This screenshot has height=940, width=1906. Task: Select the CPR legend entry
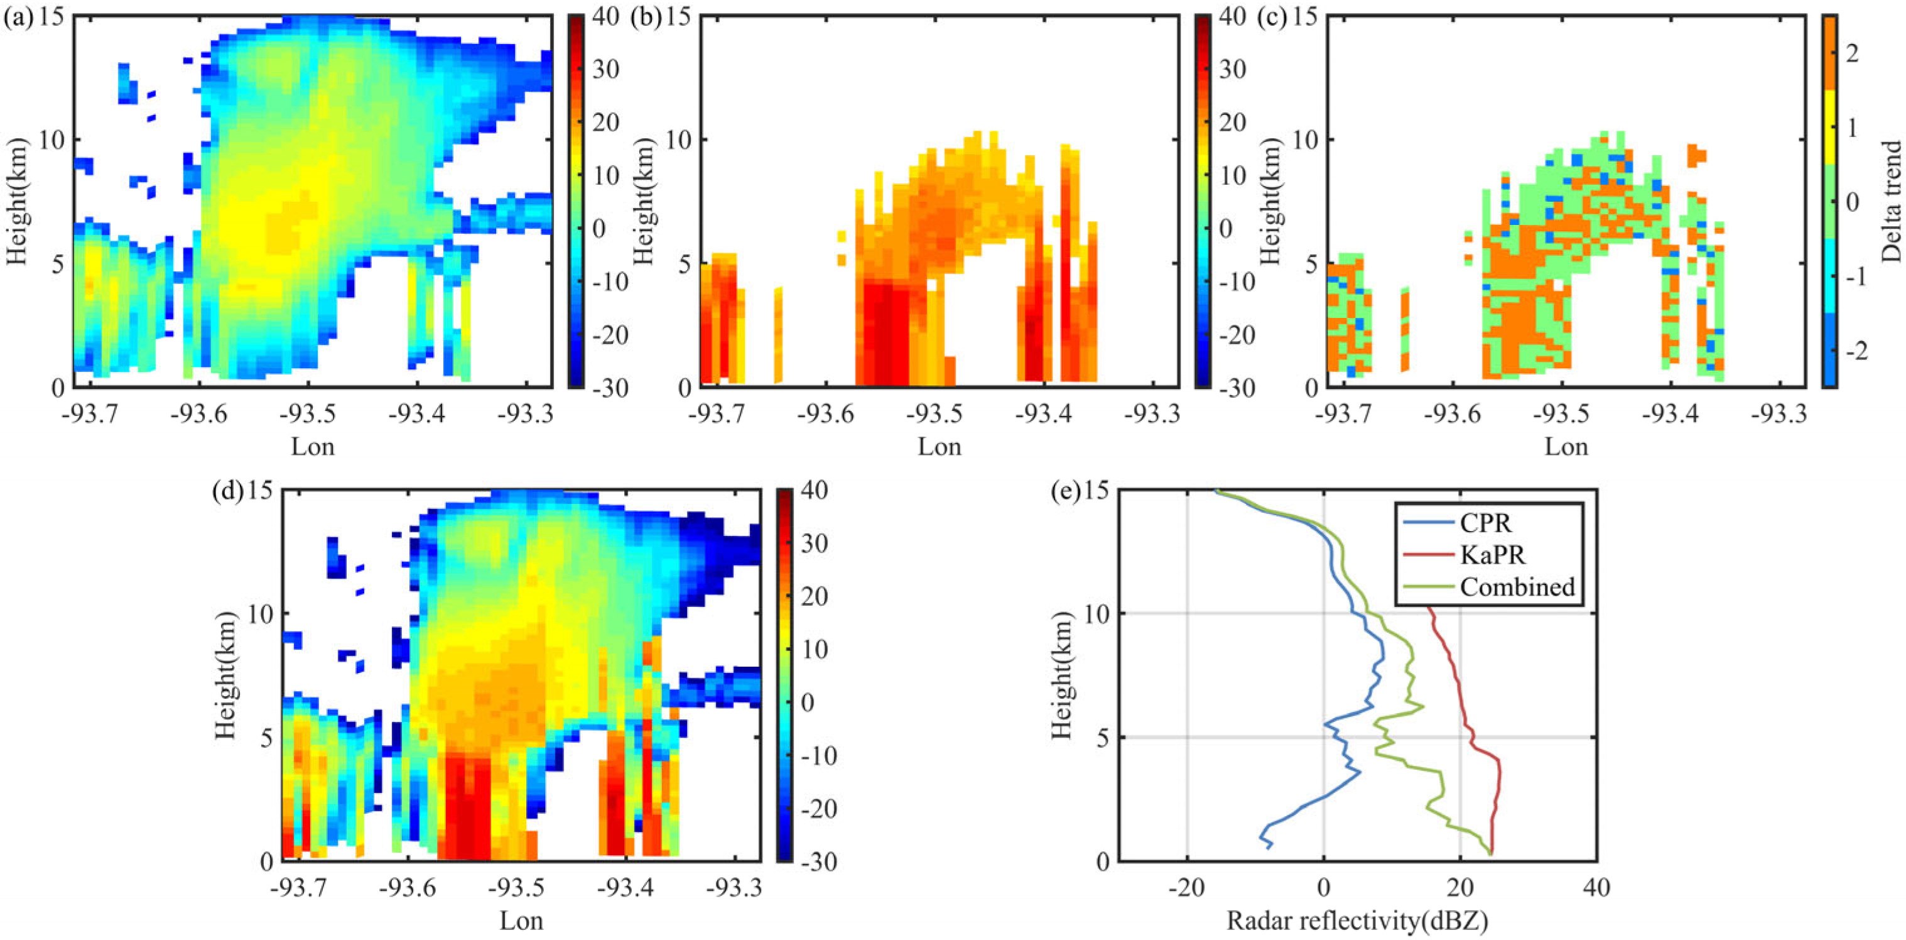pos(1485,523)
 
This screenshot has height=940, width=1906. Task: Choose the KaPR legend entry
pos(1492,555)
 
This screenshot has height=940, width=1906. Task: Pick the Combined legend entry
pos(1517,587)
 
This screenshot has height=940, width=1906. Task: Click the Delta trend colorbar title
pos(1891,201)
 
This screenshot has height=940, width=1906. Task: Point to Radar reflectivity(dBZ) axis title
pos(1357,921)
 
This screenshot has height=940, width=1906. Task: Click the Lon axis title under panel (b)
pos(939,447)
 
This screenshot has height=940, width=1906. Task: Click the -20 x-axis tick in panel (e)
pos(1187,887)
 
